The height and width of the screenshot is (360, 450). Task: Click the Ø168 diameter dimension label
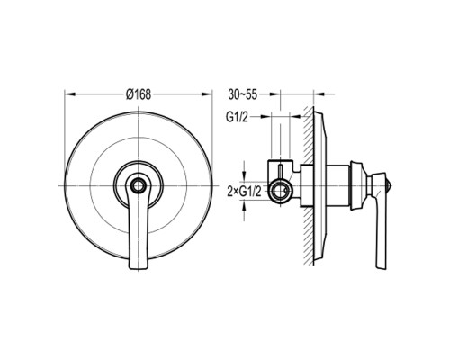[x=139, y=94]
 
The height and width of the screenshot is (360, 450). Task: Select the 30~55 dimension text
[x=243, y=94]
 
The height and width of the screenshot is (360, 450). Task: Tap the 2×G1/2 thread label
[x=244, y=191]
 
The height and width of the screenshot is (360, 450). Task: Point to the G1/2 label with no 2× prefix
[x=237, y=117]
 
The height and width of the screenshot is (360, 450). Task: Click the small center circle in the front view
[x=139, y=186]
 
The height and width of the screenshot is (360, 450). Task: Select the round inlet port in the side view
[x=280, y=191]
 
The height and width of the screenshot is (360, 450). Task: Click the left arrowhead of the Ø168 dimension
[x=69, y=94]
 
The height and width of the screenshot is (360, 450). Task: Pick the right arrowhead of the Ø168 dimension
[x=207, y=94]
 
